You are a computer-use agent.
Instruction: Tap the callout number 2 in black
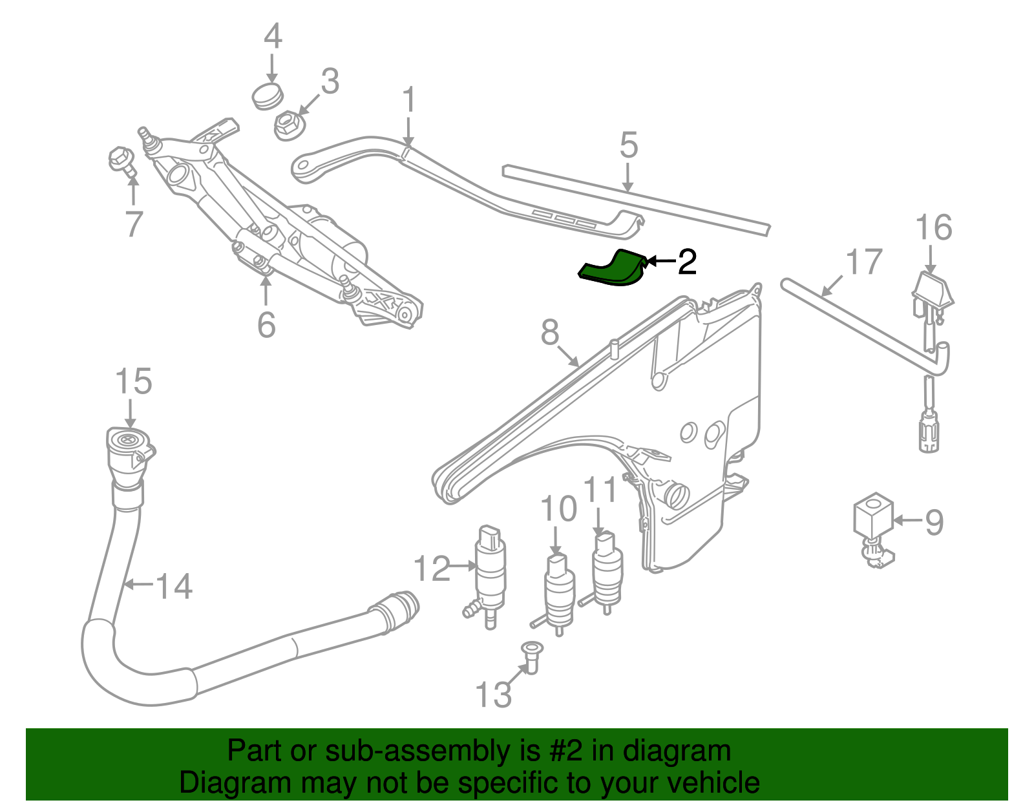[x=686, y=262]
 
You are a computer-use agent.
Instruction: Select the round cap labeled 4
[x=267, y=96]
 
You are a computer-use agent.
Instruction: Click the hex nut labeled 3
[x=287, y=125]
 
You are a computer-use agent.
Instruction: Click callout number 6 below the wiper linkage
[x=266, y=324]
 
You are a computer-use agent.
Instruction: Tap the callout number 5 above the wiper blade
[x=628, y=145]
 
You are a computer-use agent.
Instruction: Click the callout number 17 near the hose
[x=863, y=262]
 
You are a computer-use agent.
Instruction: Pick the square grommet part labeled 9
[x=872, y=517]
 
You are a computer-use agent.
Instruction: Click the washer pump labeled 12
[x=491, y=572]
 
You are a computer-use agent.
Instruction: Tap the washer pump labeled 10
[x=559, y=591]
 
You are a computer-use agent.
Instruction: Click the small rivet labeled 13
[x=531, y=656]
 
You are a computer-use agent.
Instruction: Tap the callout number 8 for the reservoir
[x=549, y=333]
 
